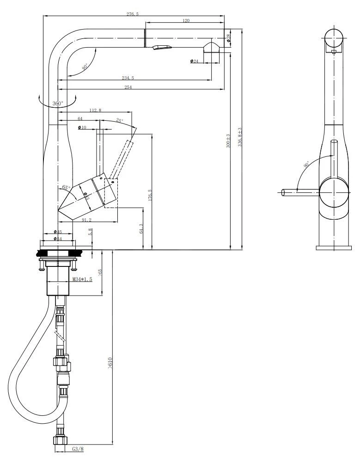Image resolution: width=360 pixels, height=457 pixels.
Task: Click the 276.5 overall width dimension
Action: pyautogui.click(x=133, y=14)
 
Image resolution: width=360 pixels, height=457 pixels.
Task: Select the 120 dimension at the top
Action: pyautogui.click(x=186, y=20)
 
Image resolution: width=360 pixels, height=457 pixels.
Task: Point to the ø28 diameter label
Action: pyautogui.click(x=229, y=37)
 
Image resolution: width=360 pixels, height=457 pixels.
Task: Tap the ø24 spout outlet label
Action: pyautogui.click(x=194, y=61)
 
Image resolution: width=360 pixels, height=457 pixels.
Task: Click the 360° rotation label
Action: pyautogui.click(x=57, y=104)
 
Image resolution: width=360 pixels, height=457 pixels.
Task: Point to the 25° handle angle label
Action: pyautogui.click(x=120, y=120)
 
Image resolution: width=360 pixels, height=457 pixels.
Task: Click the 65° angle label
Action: pyautogui.click(x=66, y=188)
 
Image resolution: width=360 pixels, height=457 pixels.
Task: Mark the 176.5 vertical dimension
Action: pyautogui.click(x=149, y=194)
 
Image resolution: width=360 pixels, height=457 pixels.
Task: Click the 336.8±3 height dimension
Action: pyautogui.click(x=239, y=137)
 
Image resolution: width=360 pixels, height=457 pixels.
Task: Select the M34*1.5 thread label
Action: pyautogui.click(x=82, y=279)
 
